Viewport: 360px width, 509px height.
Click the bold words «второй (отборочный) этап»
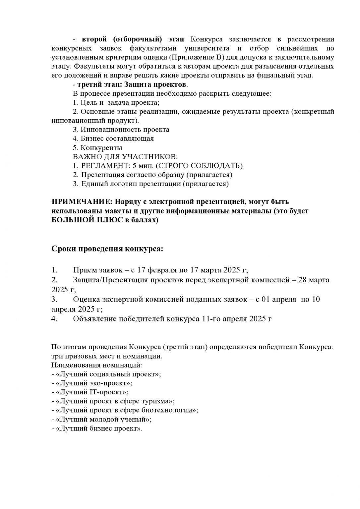click(133, 39)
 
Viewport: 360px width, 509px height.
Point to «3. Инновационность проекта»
click(121, 129)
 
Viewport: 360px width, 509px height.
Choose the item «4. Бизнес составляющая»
click(113, 138)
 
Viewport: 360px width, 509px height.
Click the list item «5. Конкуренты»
click(97, 147)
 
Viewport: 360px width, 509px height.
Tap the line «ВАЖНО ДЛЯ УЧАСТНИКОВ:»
click(125, 156)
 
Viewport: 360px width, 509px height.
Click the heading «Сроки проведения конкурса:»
click(107, 249)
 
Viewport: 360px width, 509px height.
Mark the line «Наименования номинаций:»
click(97, 365)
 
